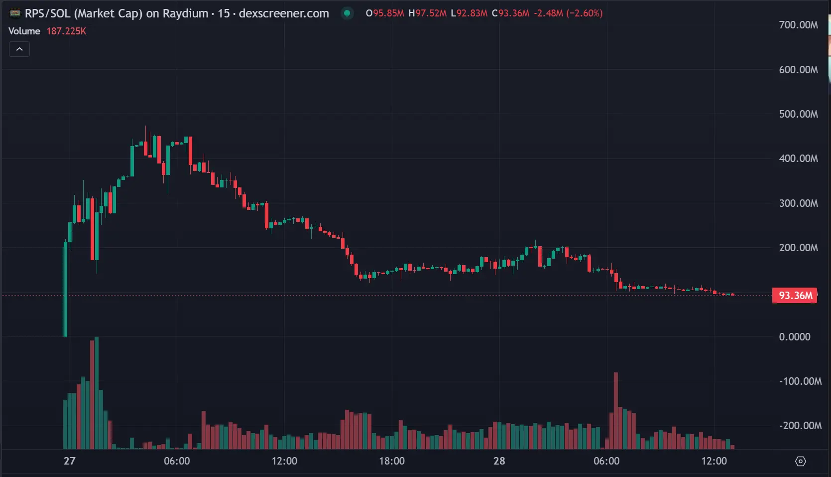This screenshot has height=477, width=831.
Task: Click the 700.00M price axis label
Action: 798,25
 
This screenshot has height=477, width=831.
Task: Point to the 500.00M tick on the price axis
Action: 798,114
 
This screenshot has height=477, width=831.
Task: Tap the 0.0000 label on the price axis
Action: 795,337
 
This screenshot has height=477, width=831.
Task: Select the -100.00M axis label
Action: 800,381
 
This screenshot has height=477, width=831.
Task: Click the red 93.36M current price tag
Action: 795,296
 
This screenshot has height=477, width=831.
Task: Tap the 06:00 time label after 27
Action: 177,461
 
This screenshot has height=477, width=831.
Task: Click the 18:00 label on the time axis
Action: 392,461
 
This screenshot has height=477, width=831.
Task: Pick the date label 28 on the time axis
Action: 499,461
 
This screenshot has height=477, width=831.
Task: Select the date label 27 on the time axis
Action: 70,461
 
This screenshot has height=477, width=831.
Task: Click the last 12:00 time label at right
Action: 714,461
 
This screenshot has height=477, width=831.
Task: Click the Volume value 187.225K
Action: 66,31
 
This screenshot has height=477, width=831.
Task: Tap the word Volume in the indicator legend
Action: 24,31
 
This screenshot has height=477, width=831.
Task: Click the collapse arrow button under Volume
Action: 19,49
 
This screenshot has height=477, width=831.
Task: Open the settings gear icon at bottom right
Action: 801,462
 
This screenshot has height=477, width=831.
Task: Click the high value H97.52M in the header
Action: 427,13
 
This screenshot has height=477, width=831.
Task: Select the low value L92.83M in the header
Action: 469,13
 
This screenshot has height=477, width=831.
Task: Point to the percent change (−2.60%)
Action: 584,13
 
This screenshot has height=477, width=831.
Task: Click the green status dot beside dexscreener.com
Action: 347,13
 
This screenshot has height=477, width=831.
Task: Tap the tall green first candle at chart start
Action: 65,289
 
